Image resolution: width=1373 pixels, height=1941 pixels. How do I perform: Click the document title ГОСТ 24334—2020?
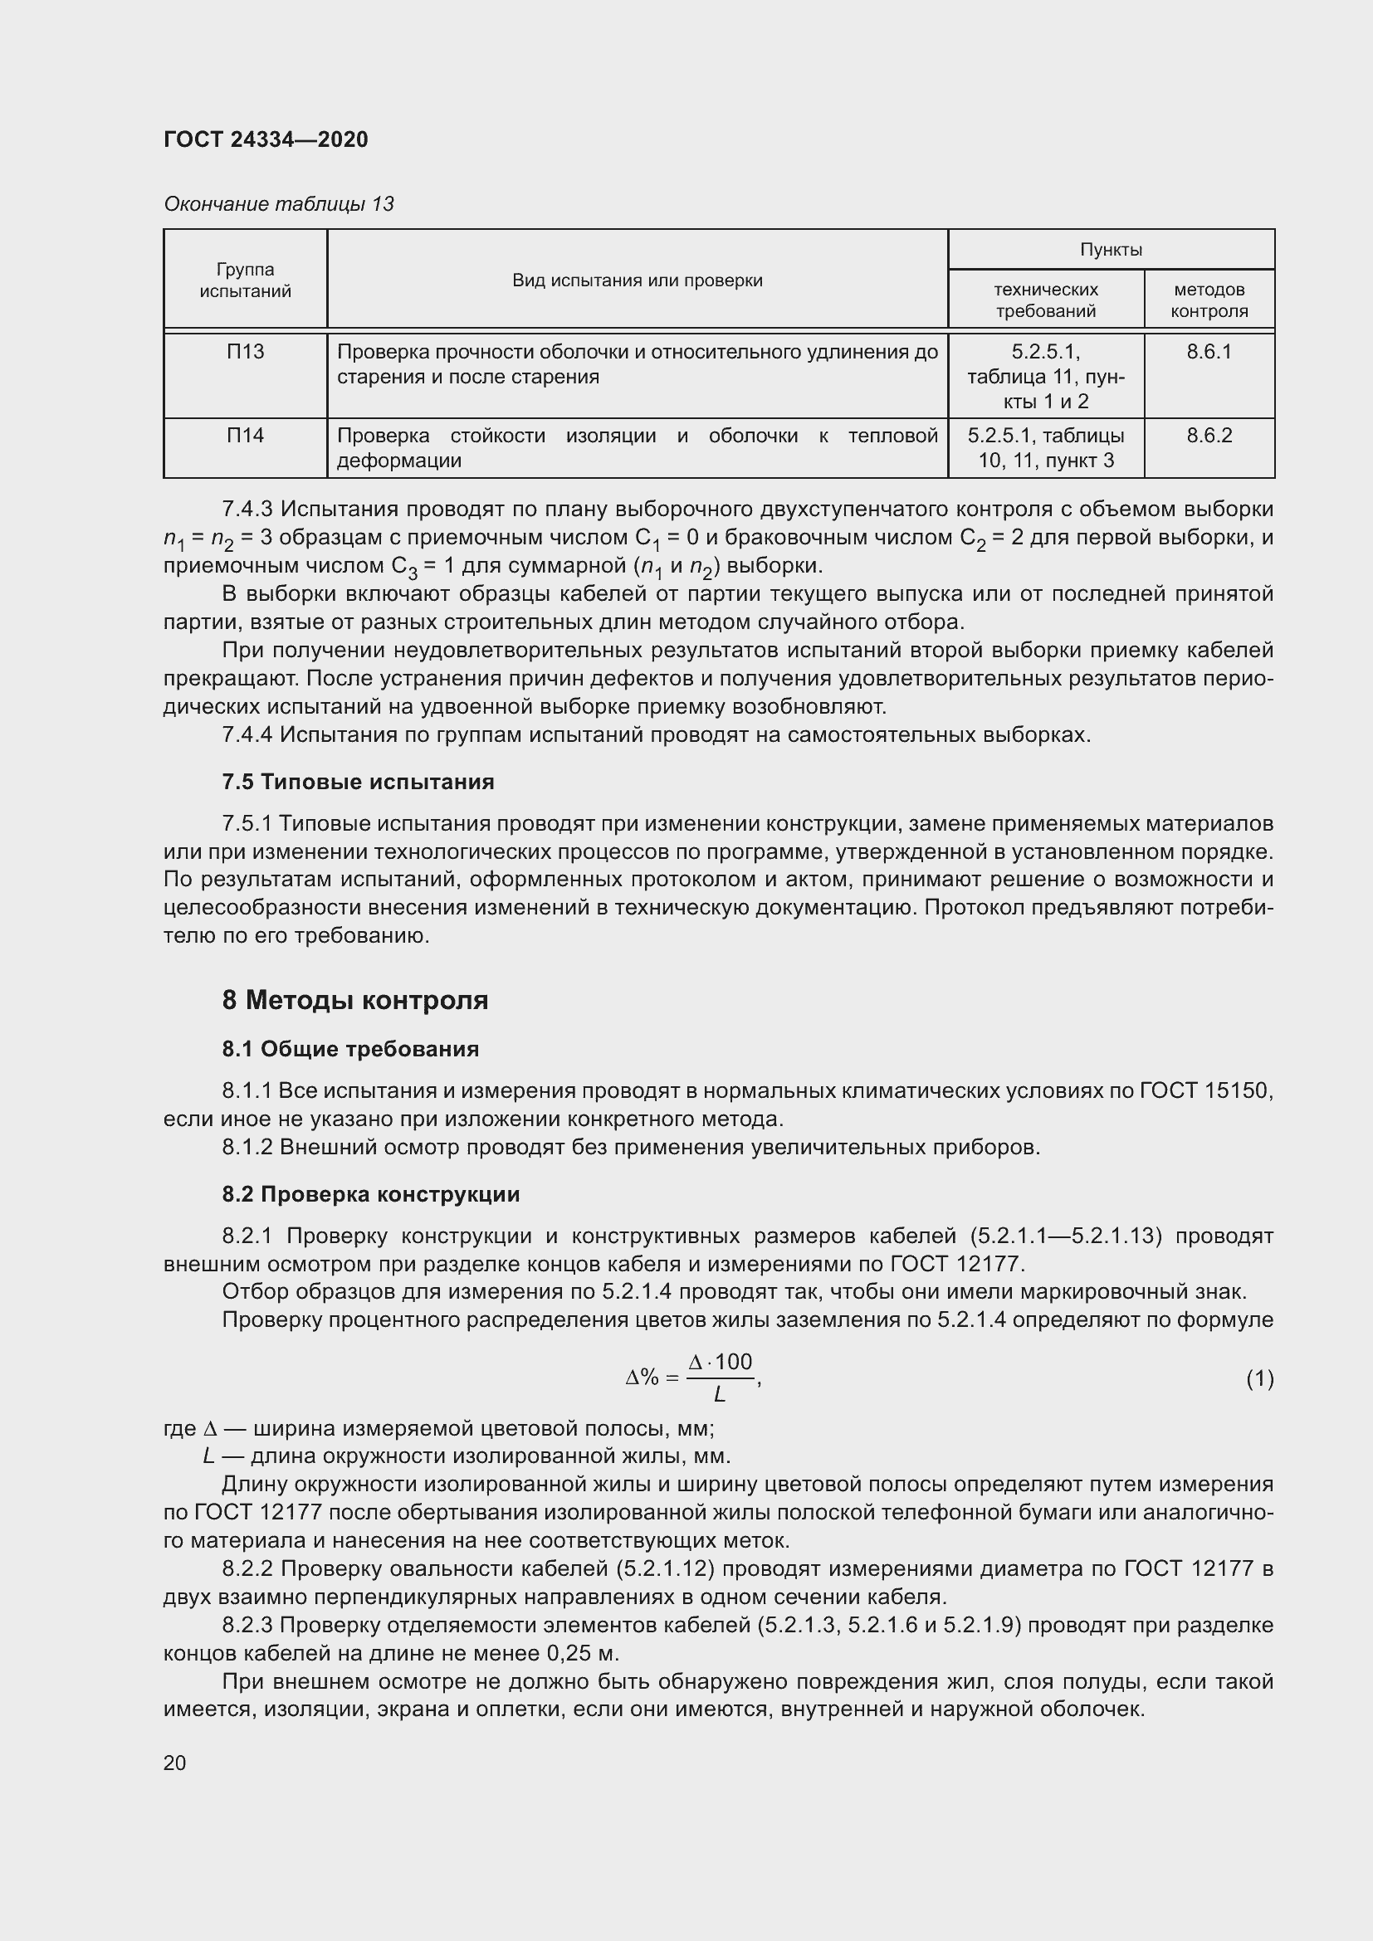point(266,139)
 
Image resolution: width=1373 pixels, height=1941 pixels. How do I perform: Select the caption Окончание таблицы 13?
point(278,204)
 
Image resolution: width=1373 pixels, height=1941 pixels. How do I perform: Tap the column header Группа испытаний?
point(245,280)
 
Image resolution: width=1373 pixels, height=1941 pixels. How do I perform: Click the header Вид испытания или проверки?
point(637,280)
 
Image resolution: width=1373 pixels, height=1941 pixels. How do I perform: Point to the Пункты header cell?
point(1110,250)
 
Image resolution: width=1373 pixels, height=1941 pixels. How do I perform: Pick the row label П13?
point(245,352)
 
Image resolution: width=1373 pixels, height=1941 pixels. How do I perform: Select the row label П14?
point(245,436)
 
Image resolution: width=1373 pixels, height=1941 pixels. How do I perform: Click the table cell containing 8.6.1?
point(1208,352)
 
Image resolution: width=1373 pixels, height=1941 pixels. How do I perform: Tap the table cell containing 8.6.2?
point(1208,436)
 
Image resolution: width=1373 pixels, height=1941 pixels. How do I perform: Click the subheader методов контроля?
point(1208,300)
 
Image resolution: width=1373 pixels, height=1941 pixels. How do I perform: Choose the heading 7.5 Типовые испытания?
point(358,782)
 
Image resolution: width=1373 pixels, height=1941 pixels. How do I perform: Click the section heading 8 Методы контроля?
point(355,1000)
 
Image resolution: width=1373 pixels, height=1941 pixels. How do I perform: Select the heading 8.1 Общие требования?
point(350,1049)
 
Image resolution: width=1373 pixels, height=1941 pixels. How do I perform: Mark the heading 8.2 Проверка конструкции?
point(370,1194)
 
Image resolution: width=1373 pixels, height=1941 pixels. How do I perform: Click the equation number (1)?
point(1259,1379)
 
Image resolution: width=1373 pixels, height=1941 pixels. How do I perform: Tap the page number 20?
point(174,1763)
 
